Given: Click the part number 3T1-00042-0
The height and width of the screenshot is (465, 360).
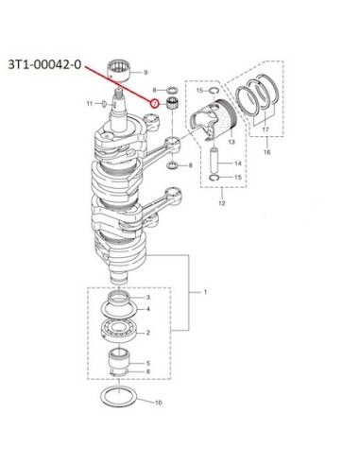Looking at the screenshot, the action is [x=44, y=65].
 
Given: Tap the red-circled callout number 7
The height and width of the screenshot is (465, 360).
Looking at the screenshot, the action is [x=154, y=103].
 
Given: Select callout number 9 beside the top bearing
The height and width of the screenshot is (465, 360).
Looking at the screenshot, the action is [x=146, y=73].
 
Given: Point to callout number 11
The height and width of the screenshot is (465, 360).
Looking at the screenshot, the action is [x=90, y=103].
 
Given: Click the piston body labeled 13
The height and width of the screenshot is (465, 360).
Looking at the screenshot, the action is [x=213, y=122].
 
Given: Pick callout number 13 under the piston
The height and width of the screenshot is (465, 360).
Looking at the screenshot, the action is [x=231, y=142].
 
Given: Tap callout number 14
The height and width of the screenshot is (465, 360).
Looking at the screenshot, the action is [x=238, y=164].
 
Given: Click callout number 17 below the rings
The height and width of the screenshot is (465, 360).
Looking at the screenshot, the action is [x=266, y=129].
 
